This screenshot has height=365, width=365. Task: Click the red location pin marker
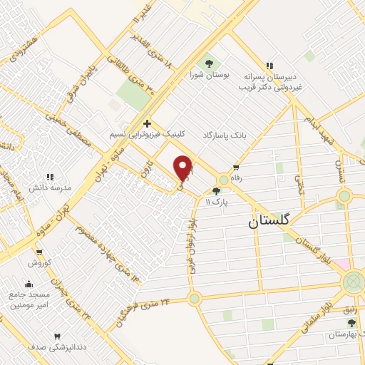point(183,168)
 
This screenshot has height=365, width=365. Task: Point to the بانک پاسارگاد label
point(226,134)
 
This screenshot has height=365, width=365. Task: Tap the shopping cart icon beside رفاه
point(236,165)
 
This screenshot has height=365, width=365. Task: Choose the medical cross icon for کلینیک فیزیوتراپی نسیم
point(147,123)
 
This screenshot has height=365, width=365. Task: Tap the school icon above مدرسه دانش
point(50,176)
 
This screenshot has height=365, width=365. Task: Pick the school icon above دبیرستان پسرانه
point(269,63)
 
